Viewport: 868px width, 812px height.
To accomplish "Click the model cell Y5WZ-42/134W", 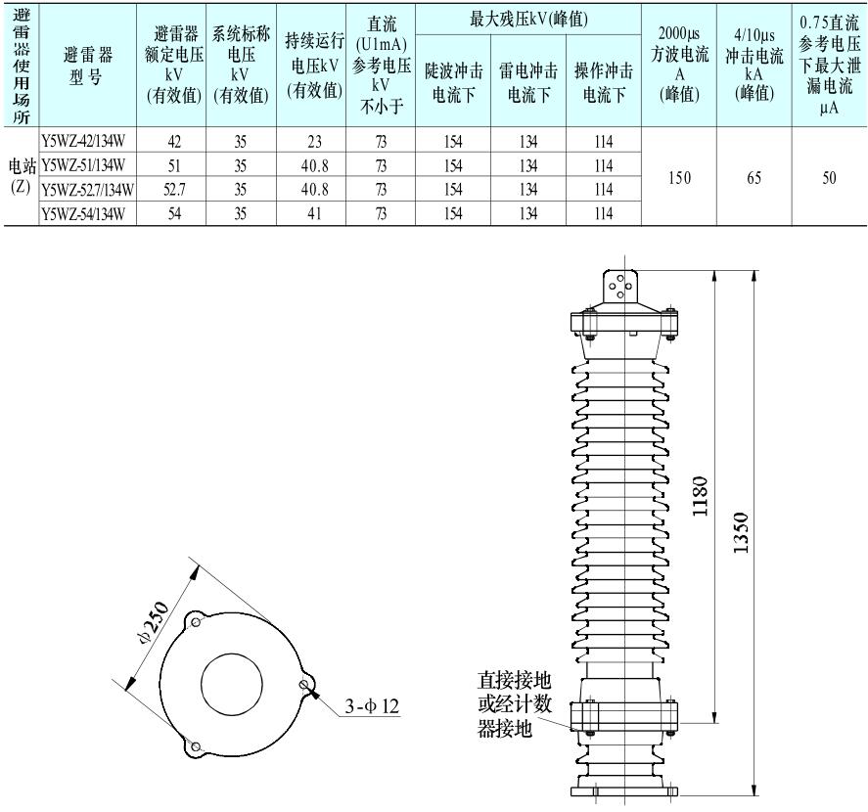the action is tap(83, 142).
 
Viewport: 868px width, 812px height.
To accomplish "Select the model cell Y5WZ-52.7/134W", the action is tap(87, 190).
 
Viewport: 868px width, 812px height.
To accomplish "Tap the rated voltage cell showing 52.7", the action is tap(174, 190).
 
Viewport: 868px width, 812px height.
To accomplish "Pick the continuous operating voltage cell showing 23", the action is tap(314, 142).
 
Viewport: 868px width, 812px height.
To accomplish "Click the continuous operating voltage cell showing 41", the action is tap(314, 213).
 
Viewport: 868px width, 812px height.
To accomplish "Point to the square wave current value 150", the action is tap(679, 178).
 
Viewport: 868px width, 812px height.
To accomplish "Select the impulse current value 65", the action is tap(754, 178).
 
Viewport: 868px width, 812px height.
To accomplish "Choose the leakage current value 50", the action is tap(829, 178).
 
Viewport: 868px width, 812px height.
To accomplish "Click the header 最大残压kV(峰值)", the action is tap(528, 20).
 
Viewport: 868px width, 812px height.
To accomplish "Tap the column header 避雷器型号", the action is tap(87, 66).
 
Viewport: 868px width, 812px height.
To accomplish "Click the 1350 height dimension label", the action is tap(740, 532).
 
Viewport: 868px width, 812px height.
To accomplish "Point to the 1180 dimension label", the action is tap(701, 496).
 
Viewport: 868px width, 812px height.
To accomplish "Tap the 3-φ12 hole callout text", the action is tap(372, 705).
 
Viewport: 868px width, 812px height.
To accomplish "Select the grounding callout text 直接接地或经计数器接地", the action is tap(515, 704).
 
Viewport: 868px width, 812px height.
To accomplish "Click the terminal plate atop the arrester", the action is tap(620, 287).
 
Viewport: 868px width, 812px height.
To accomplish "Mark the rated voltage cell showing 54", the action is tap(174, 213).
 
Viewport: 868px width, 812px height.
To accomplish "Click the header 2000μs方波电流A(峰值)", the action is tap(679, 65).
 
